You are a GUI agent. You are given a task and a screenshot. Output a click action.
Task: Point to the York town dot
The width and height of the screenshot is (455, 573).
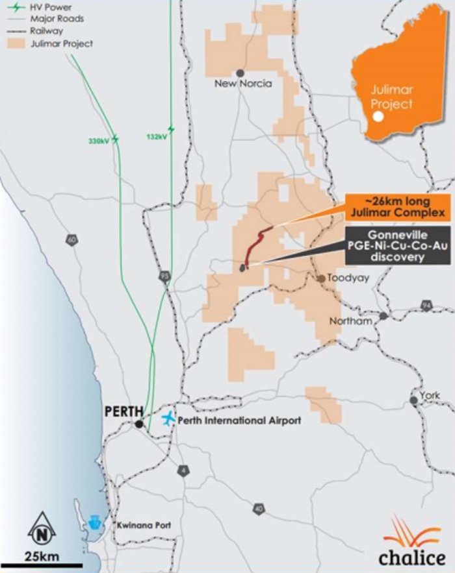pyautogui.click(x=413, y=400)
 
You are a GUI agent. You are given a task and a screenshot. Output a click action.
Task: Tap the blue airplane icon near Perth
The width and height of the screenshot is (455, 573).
pyautogui.click(x=168, y=419)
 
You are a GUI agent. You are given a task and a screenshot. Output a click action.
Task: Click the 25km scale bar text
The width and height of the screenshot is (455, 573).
pyautogui.click(x=42, y=555)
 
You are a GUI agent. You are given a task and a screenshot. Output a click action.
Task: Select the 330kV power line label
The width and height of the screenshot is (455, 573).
pyautogui.click(x=99, y=140)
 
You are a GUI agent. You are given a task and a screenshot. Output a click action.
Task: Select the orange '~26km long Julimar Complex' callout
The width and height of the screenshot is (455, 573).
pyautogui.click(x=396, y=206)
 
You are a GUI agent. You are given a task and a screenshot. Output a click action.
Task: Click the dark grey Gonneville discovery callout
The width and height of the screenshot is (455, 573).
pyautogui.click(x=395, y=246)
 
